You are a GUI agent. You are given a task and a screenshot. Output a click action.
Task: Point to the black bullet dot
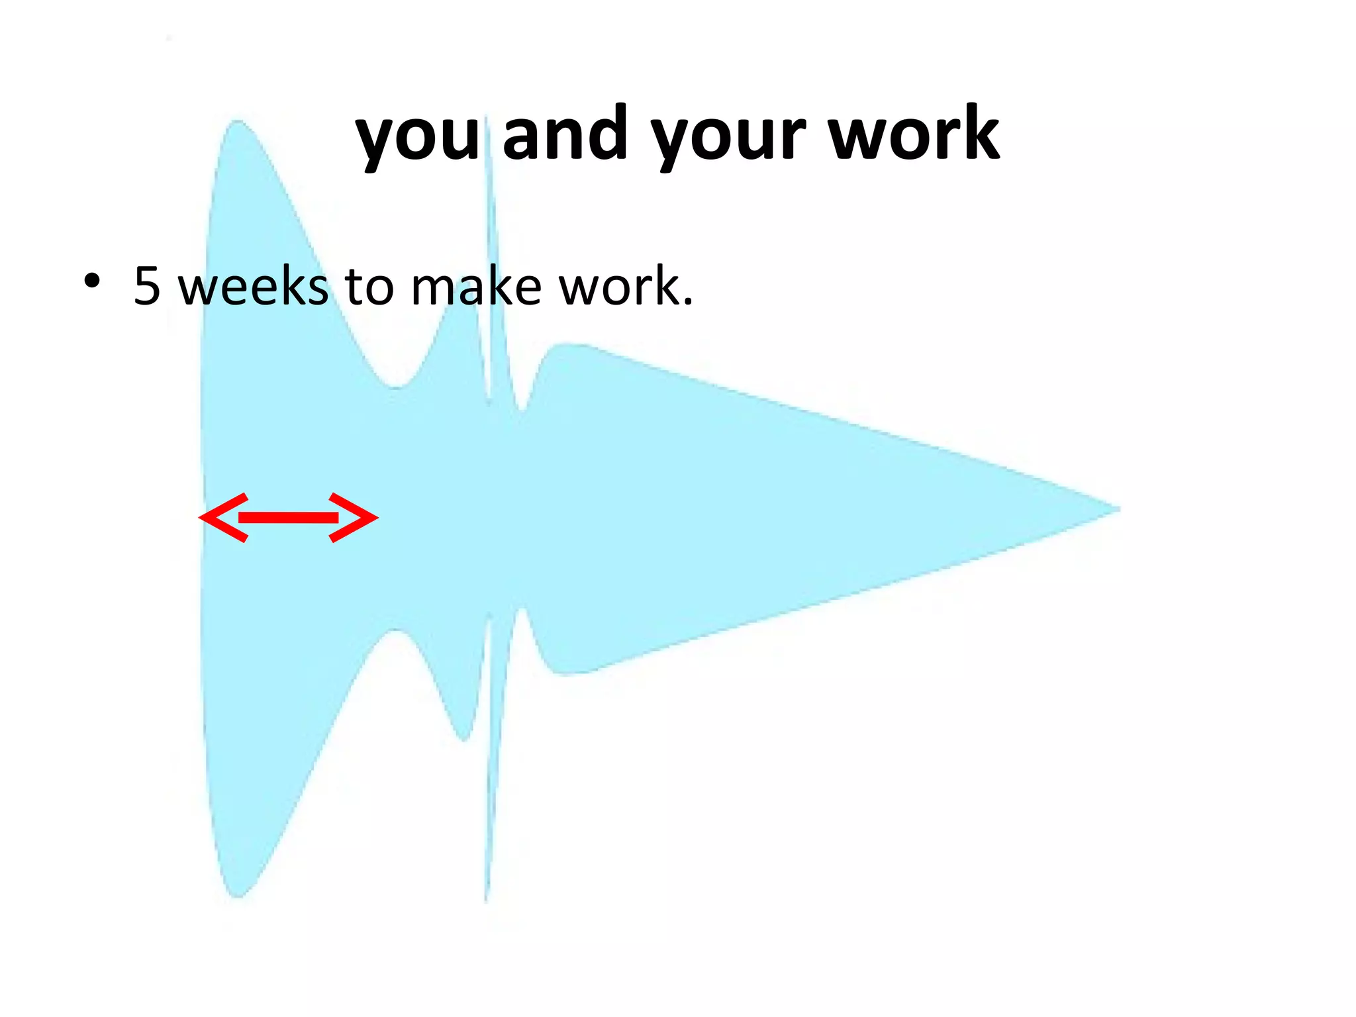[92, 281]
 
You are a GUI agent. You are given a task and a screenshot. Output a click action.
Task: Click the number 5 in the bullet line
[147, 286]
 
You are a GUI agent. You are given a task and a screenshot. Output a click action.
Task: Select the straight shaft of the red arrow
[289, 518]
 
